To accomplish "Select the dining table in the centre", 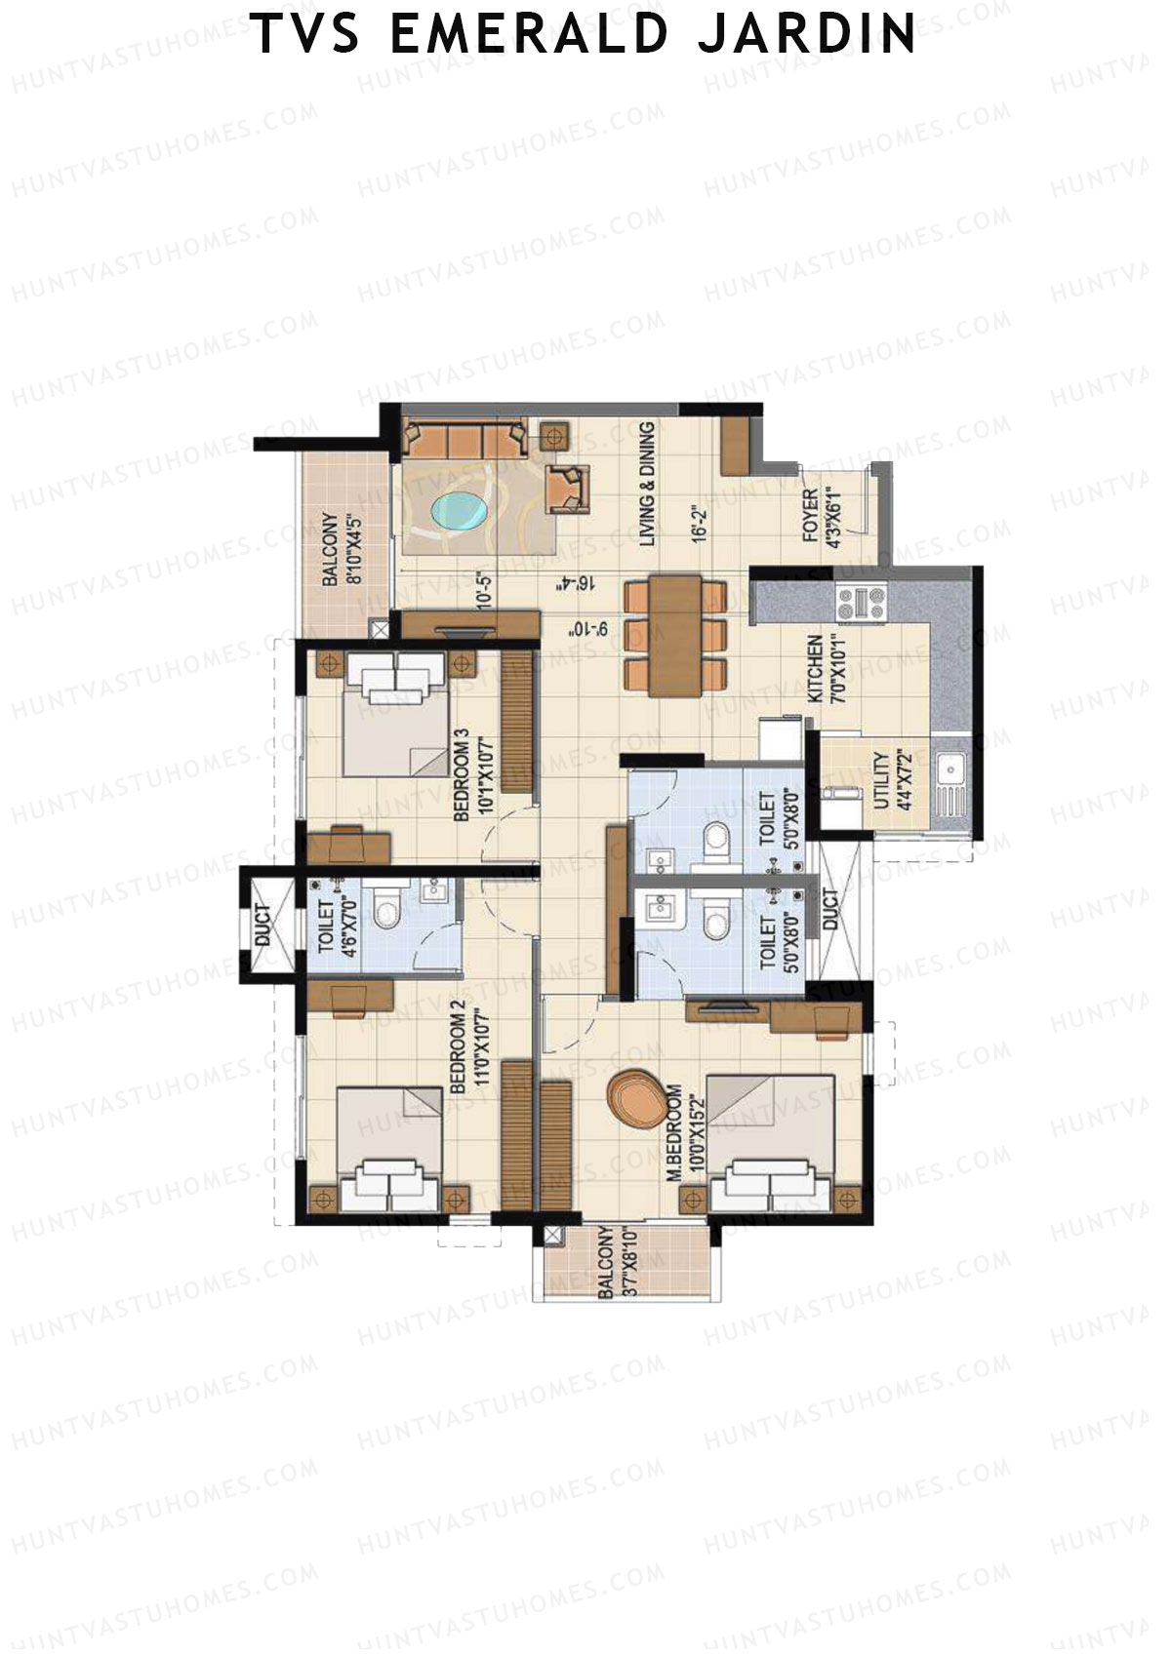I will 676,636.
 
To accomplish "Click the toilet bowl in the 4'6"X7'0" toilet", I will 387,912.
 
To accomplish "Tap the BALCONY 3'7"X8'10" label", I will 616,1263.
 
